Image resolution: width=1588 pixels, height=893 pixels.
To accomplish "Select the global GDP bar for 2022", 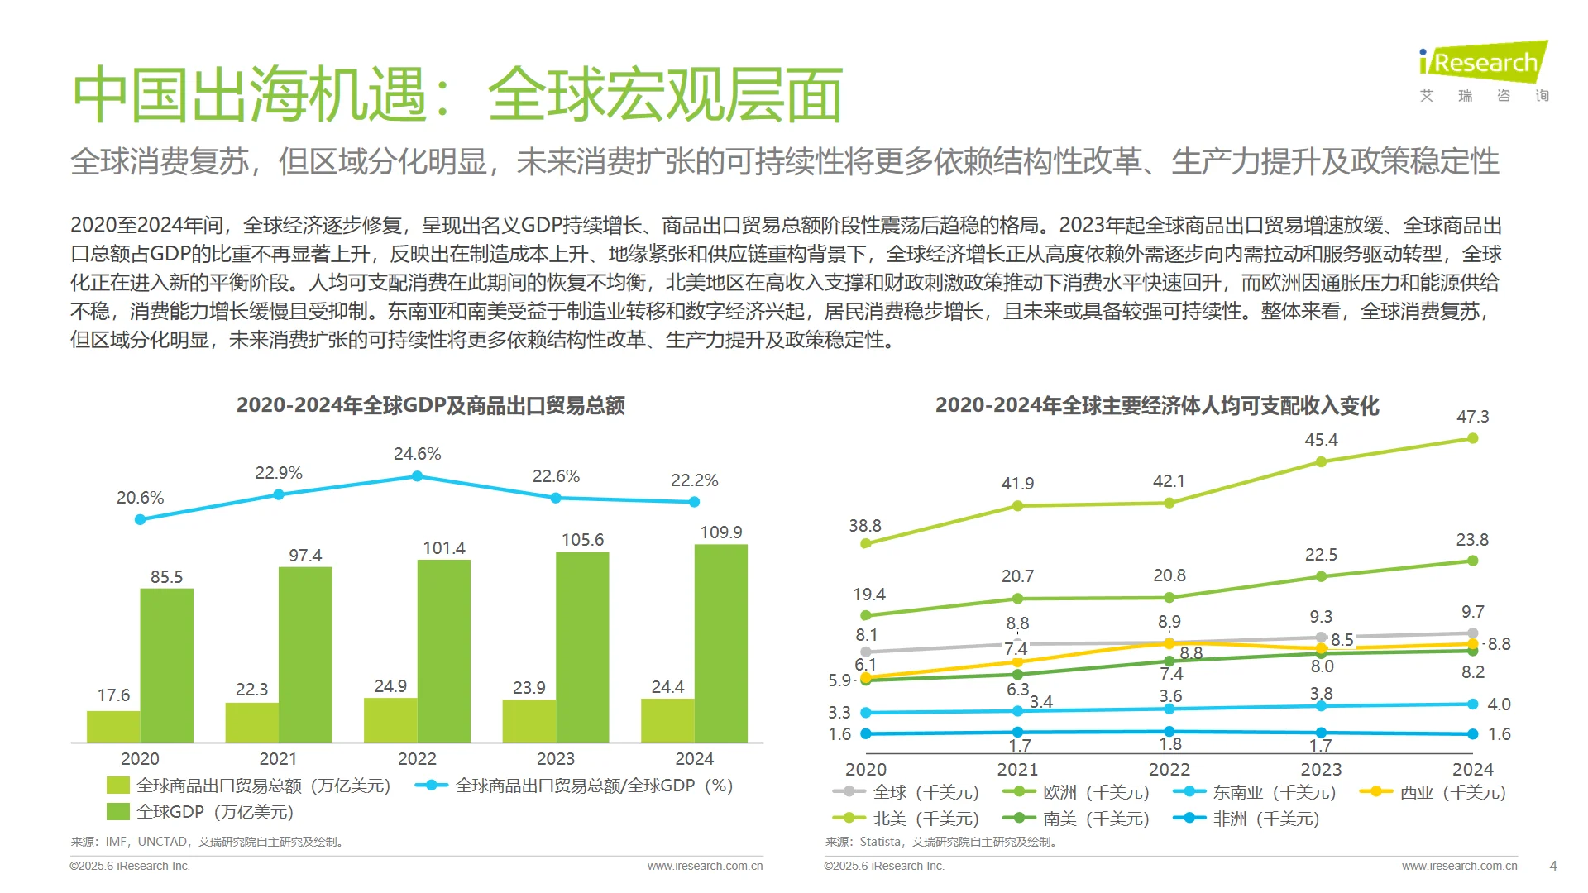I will click(444, 651).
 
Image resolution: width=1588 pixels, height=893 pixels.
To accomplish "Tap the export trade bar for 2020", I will click(113, 726).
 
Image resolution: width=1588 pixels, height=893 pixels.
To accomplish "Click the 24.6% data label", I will click(417, 454).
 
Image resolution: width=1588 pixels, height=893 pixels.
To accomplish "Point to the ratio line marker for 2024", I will click(694, 502).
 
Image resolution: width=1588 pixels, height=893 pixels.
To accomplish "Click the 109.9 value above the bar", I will click(720, 532).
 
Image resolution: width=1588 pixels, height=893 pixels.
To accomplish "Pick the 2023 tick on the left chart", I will click(555, 759).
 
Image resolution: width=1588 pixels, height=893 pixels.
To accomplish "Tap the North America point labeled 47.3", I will click(1472, 438).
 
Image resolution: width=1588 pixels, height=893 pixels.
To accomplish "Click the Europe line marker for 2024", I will click(1472, 561).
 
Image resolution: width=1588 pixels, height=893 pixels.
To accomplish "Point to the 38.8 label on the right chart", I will click(865, 526).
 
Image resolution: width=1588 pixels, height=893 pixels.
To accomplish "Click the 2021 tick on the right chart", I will click(1017, 770).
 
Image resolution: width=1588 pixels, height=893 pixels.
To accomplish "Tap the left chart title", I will click(430, 405).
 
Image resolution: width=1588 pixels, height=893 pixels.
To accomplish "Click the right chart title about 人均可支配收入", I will click(1156, 406).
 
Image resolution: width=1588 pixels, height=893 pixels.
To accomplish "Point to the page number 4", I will click(1552, 866).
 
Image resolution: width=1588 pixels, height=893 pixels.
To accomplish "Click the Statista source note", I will click(941, 842).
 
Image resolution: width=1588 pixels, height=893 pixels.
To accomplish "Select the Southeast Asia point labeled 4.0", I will click(1472, 704).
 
